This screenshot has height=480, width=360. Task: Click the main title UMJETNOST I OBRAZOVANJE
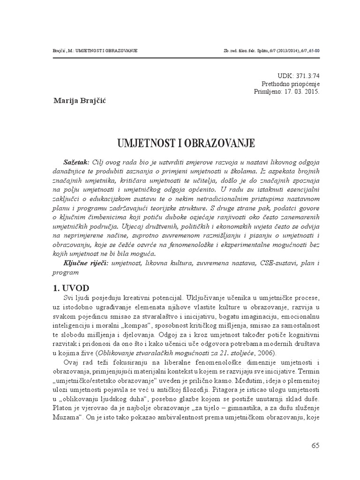(x=180, y=142)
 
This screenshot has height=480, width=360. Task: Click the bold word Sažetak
(x=76, y=161)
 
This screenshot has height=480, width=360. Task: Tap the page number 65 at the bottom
(x=315, y=445)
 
